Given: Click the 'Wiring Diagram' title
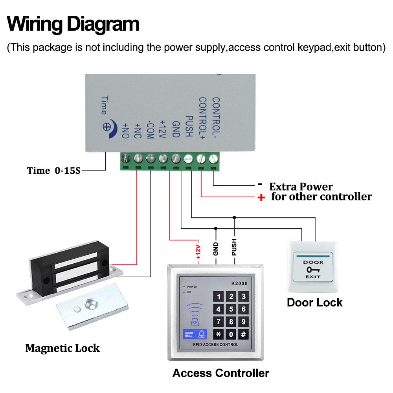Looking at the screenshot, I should pyautogui.click(x=73, y=24).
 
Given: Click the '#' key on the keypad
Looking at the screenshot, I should pyautogui.click(x=244, y=335).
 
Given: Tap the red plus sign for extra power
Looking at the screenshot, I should pyautogui.click(x=261, y=198).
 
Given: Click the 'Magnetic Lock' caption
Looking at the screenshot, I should pyautogui.click(x=62, y=348).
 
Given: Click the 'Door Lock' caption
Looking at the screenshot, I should pyautogui.click(x=314, y=303).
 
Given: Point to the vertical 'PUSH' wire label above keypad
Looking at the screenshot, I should pyautogui.click(x=234, y=247).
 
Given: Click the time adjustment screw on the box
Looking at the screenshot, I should pyautogui.click(x=107, y=127).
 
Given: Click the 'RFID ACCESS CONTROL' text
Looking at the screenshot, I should pyautogui.click(x=215, y=345).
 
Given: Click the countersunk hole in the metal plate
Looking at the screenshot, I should pyautogui.click(x=92, y=304).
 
